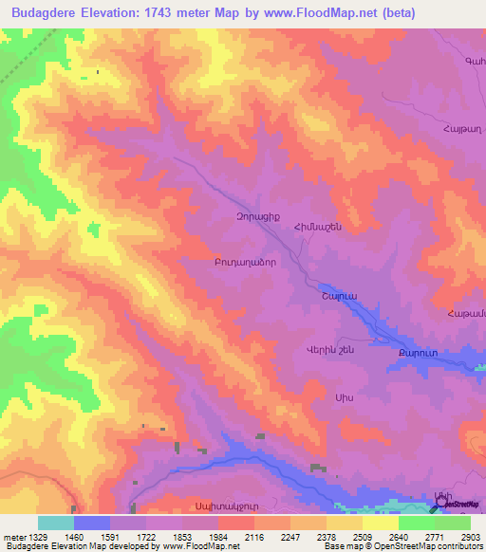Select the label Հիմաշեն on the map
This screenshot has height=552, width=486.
pyautogui.click(x=316, y=227)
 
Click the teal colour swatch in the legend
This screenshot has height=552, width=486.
pyautogui.click(x=56, y=523)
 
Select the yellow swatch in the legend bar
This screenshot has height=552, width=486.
pyautogui.click(x=380, y=523)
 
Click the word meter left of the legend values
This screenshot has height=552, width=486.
pyautogui.click(x=14, y=536)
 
